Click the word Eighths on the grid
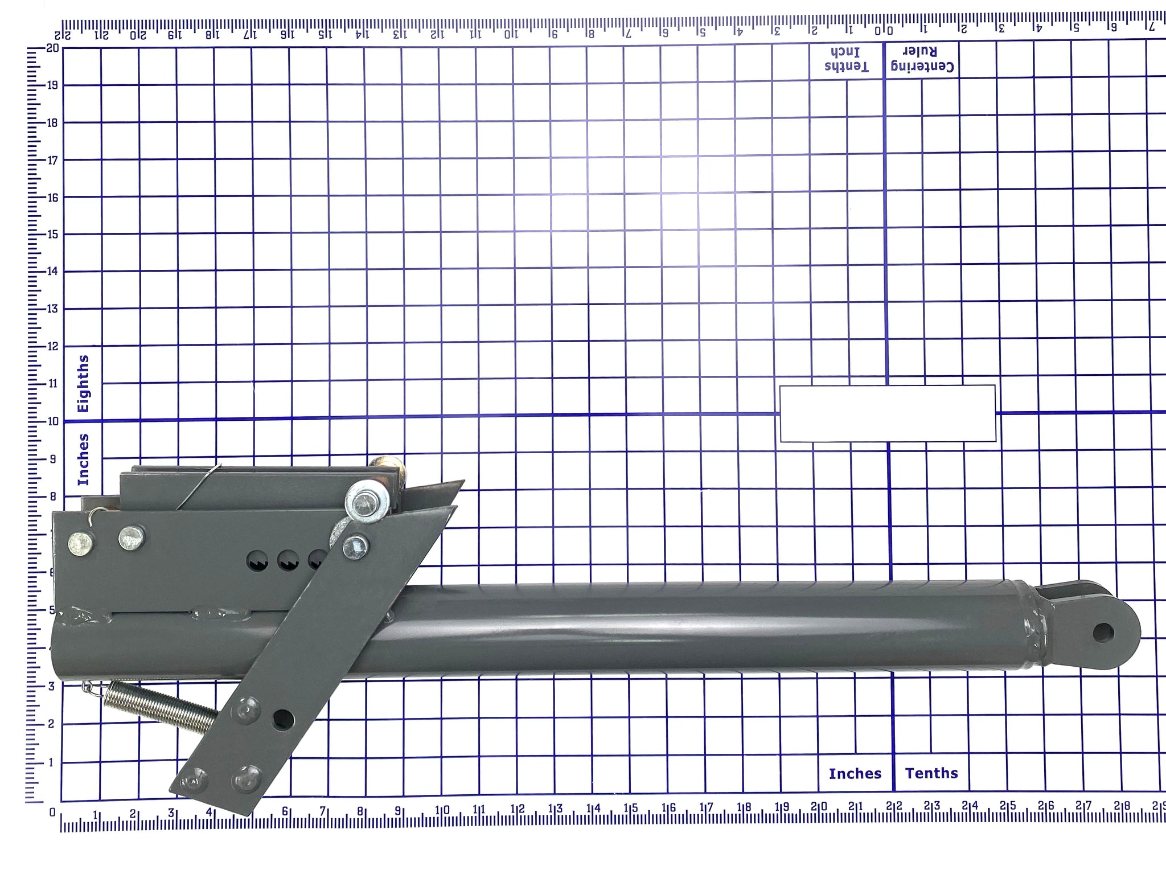[x=83, y=383]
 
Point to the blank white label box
[x=887, y=413]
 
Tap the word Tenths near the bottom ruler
[x=931, y=773]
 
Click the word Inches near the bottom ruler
[x=855, y=773]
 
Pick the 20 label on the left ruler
[x=53, y=48]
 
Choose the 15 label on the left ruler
[x=53, y=234]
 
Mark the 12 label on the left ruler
[x=53, y=346]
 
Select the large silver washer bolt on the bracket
[x=365, y=503]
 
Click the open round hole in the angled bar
[x=283, y=720]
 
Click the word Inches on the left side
[x=83, y=459]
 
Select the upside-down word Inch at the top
[x=847, y=51]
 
